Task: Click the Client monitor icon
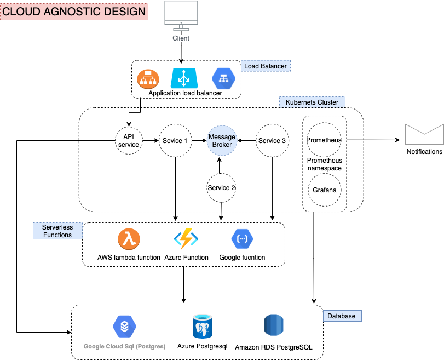(x=181, y=15)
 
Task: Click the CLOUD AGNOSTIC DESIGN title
(x=74, y=11)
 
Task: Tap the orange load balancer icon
(x=147, y=79)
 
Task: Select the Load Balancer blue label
(x=266, y=66)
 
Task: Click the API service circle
(x=128, y=141)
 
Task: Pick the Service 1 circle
(x=175, y=141)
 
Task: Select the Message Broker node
(x=222, y=141)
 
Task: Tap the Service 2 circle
(x=221, y=187)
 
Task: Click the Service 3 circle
(x=272, y=141)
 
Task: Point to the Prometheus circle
(x=324, y=140)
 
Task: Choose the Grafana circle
(x=324, y=190)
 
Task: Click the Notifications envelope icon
(x=424, y=135)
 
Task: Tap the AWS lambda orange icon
(x=129, y=239)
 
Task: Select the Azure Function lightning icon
(x=186, y=239)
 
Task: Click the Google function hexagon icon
(x=242, y=239)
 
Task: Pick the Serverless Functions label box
(x=57, y=231)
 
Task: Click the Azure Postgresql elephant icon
(x=202, y=327)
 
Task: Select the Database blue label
(x=342, y=316)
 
